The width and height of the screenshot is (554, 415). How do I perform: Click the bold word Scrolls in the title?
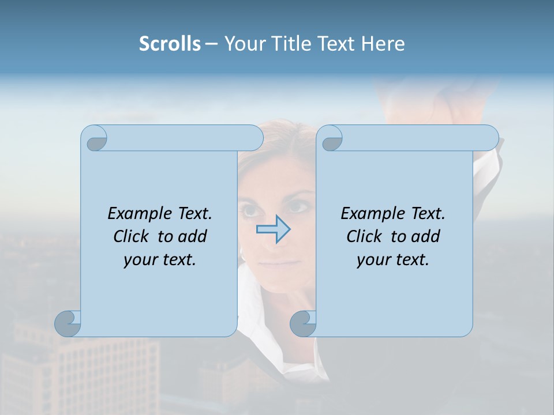click(170, 44)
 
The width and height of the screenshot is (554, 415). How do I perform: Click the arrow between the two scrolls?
click(273, 229)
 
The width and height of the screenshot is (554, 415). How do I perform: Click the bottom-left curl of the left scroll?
click(66, 323)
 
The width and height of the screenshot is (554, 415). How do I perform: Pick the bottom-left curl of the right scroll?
click(302, 323)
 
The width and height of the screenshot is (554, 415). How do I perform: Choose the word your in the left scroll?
click(139, 260)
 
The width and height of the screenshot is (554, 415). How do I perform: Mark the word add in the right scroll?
click(426, 236)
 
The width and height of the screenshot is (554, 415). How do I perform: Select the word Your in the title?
click(243, 44)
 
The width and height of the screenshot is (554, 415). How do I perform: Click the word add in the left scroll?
click(193, 236)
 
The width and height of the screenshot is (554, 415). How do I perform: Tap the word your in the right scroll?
click(372, 260)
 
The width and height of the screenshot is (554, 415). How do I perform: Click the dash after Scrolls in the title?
click(211, 44)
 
